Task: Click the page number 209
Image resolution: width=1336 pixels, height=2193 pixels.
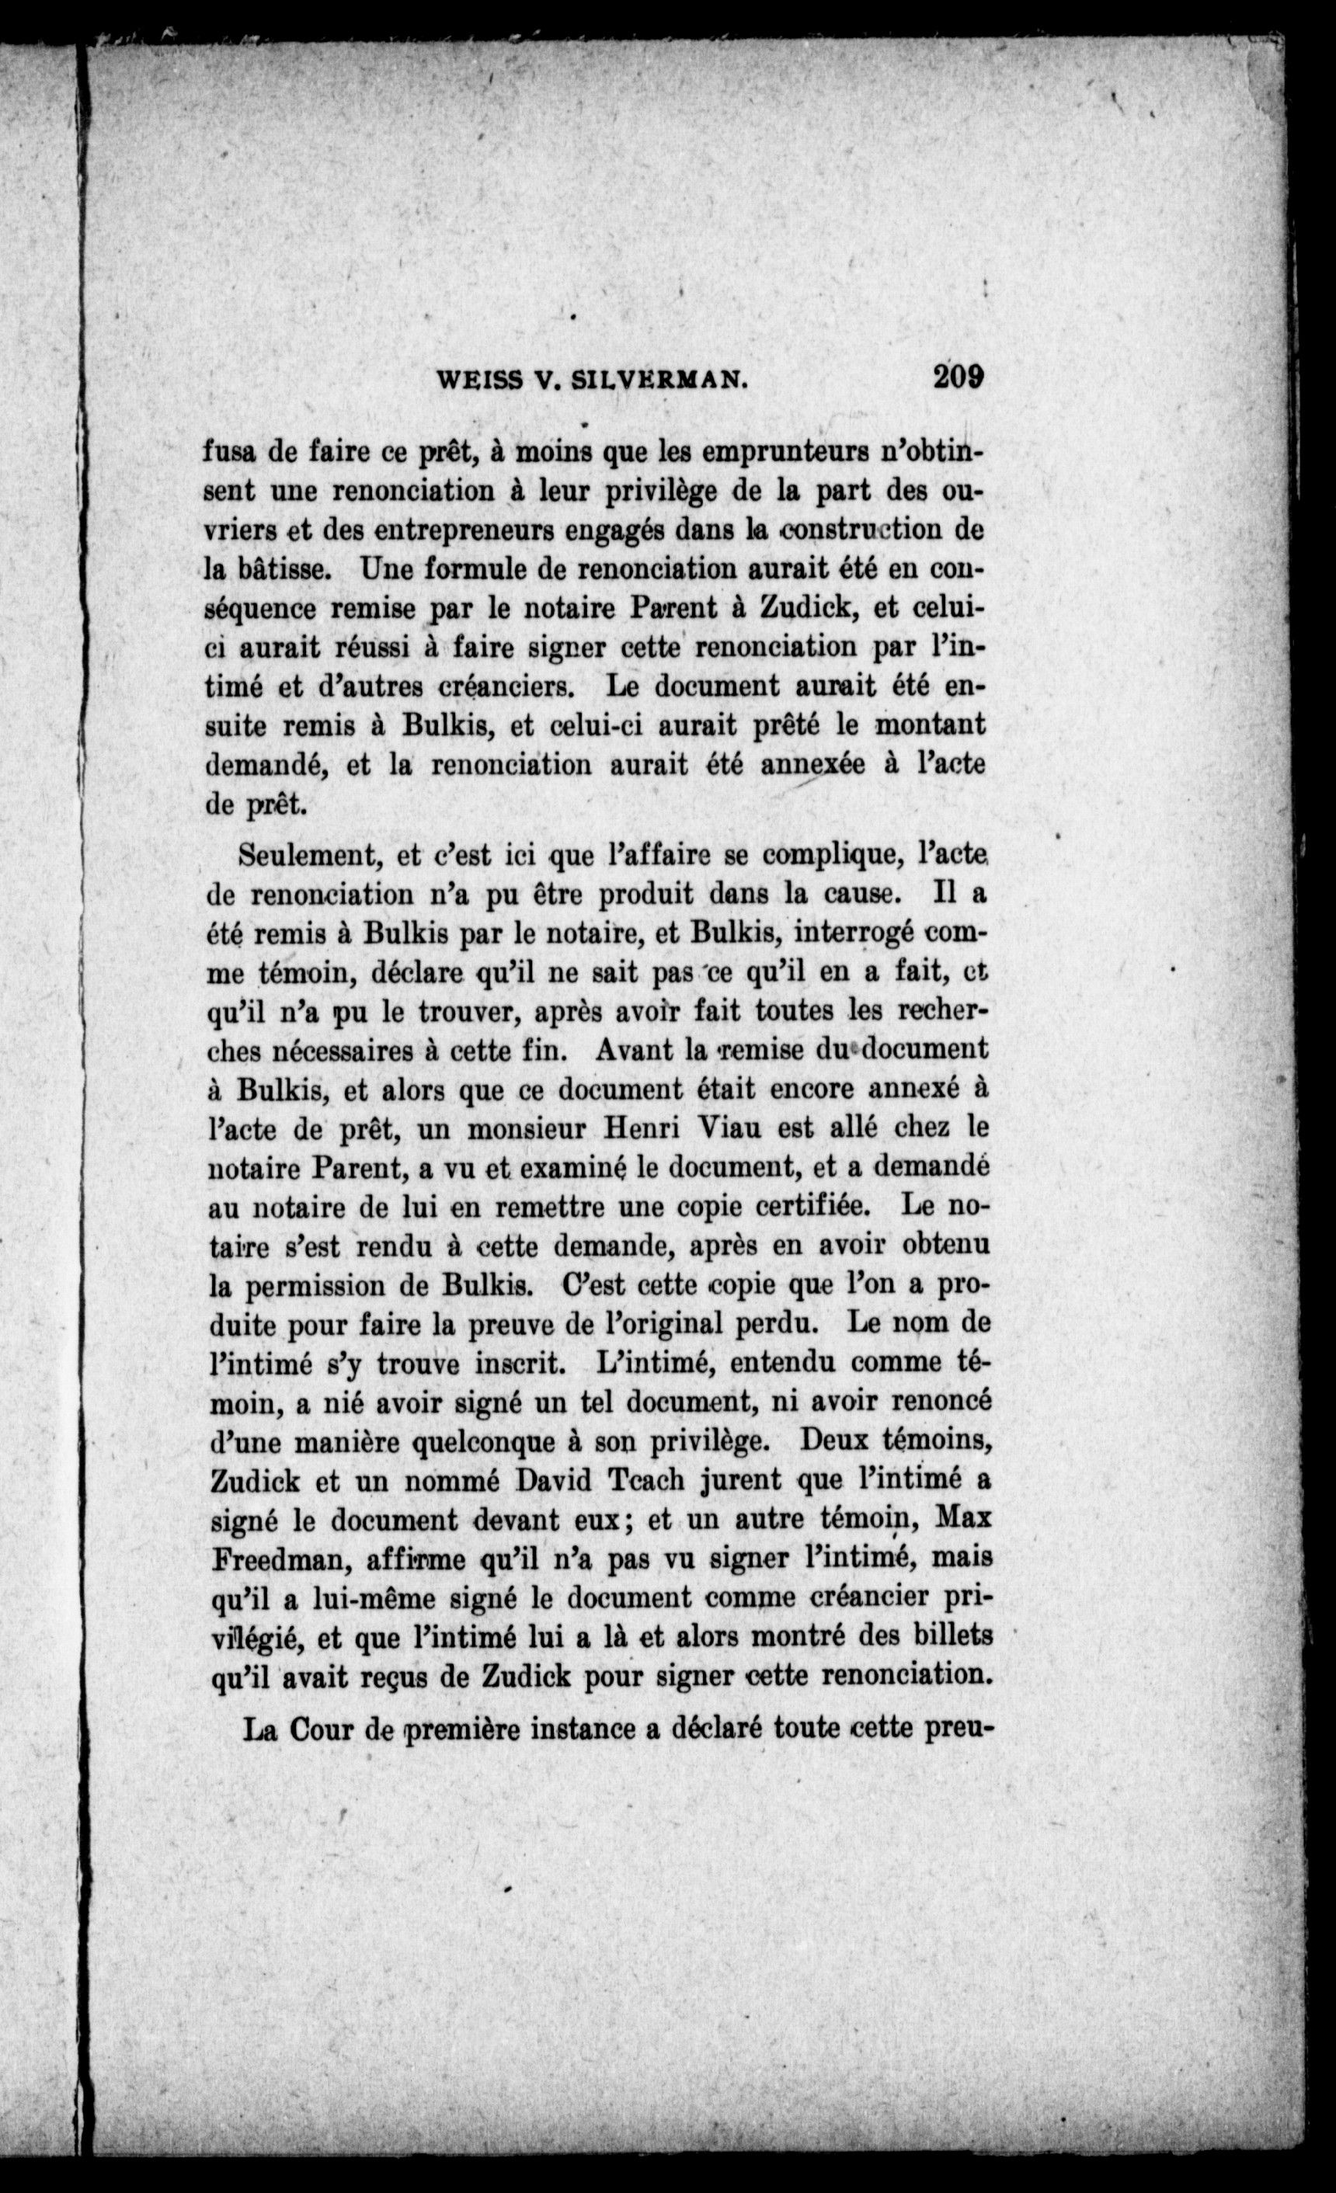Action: (958, 377)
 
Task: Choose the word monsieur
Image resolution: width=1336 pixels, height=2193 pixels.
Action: (526, 1128)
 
